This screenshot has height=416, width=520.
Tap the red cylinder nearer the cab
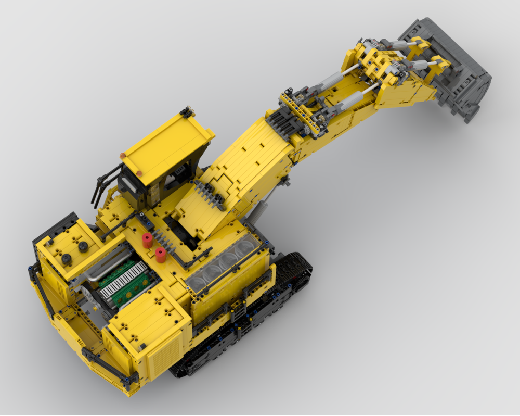pyautogui.click(x=147, y=241)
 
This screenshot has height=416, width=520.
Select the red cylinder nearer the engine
pyautogui.click(x=160, y=255)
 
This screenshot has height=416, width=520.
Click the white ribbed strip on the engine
pyautogui.click(x=117, y=279)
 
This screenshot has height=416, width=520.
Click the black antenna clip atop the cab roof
pyautogui.click(x=186, y=112)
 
